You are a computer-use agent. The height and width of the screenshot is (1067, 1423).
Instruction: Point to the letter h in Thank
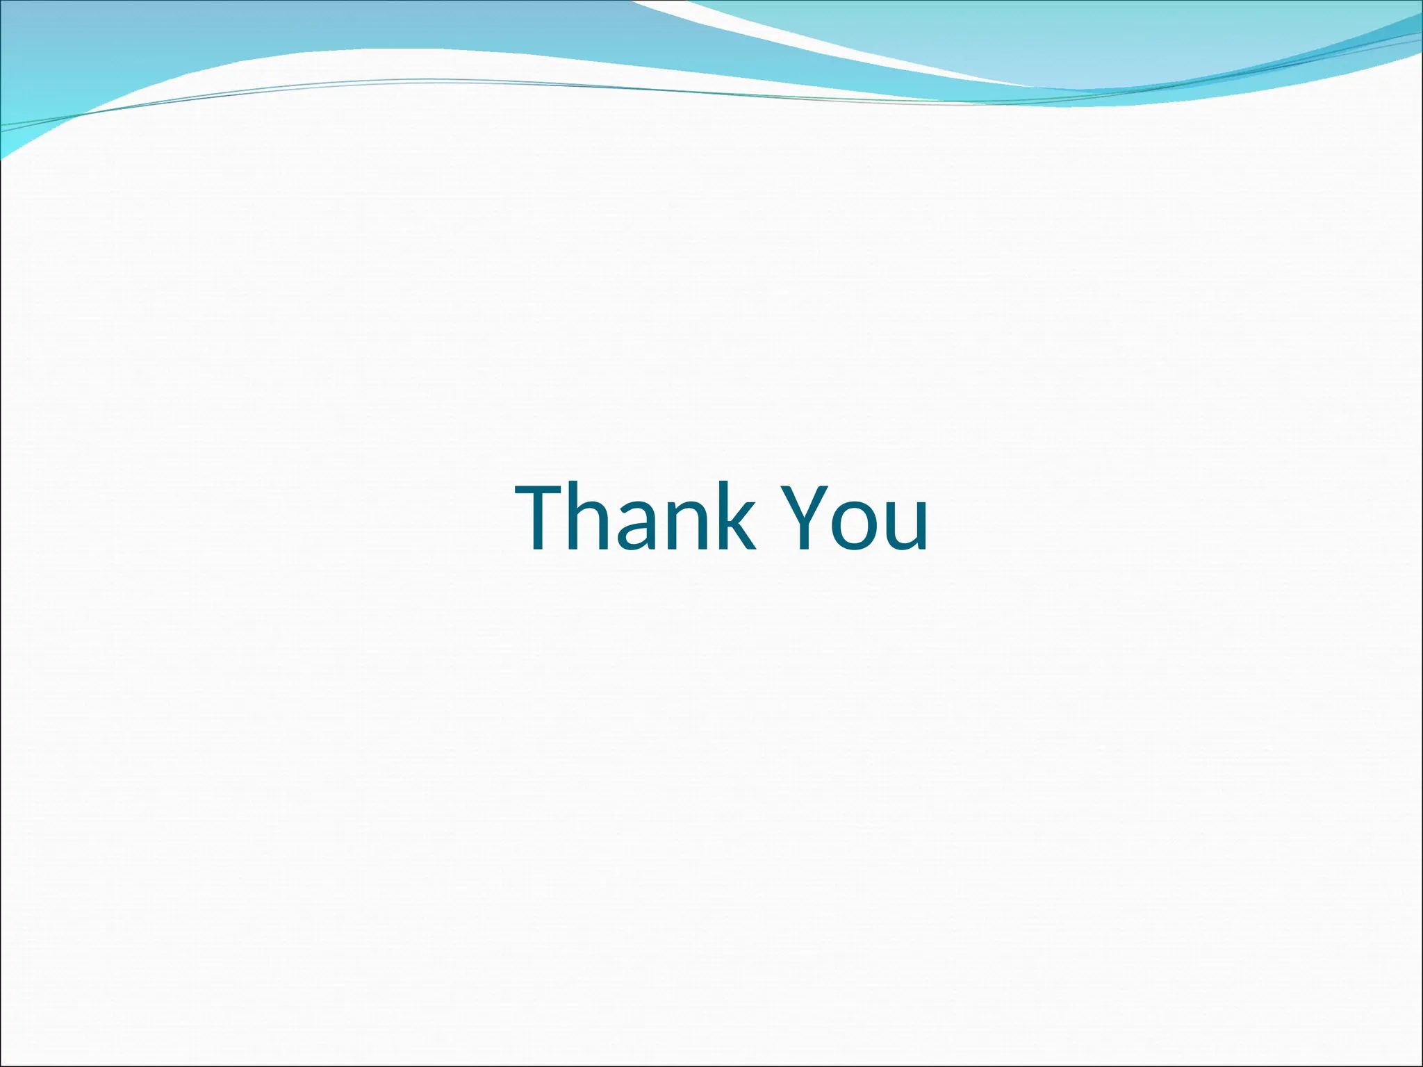(599, 517)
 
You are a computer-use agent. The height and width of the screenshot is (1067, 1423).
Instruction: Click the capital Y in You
(806, 517)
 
